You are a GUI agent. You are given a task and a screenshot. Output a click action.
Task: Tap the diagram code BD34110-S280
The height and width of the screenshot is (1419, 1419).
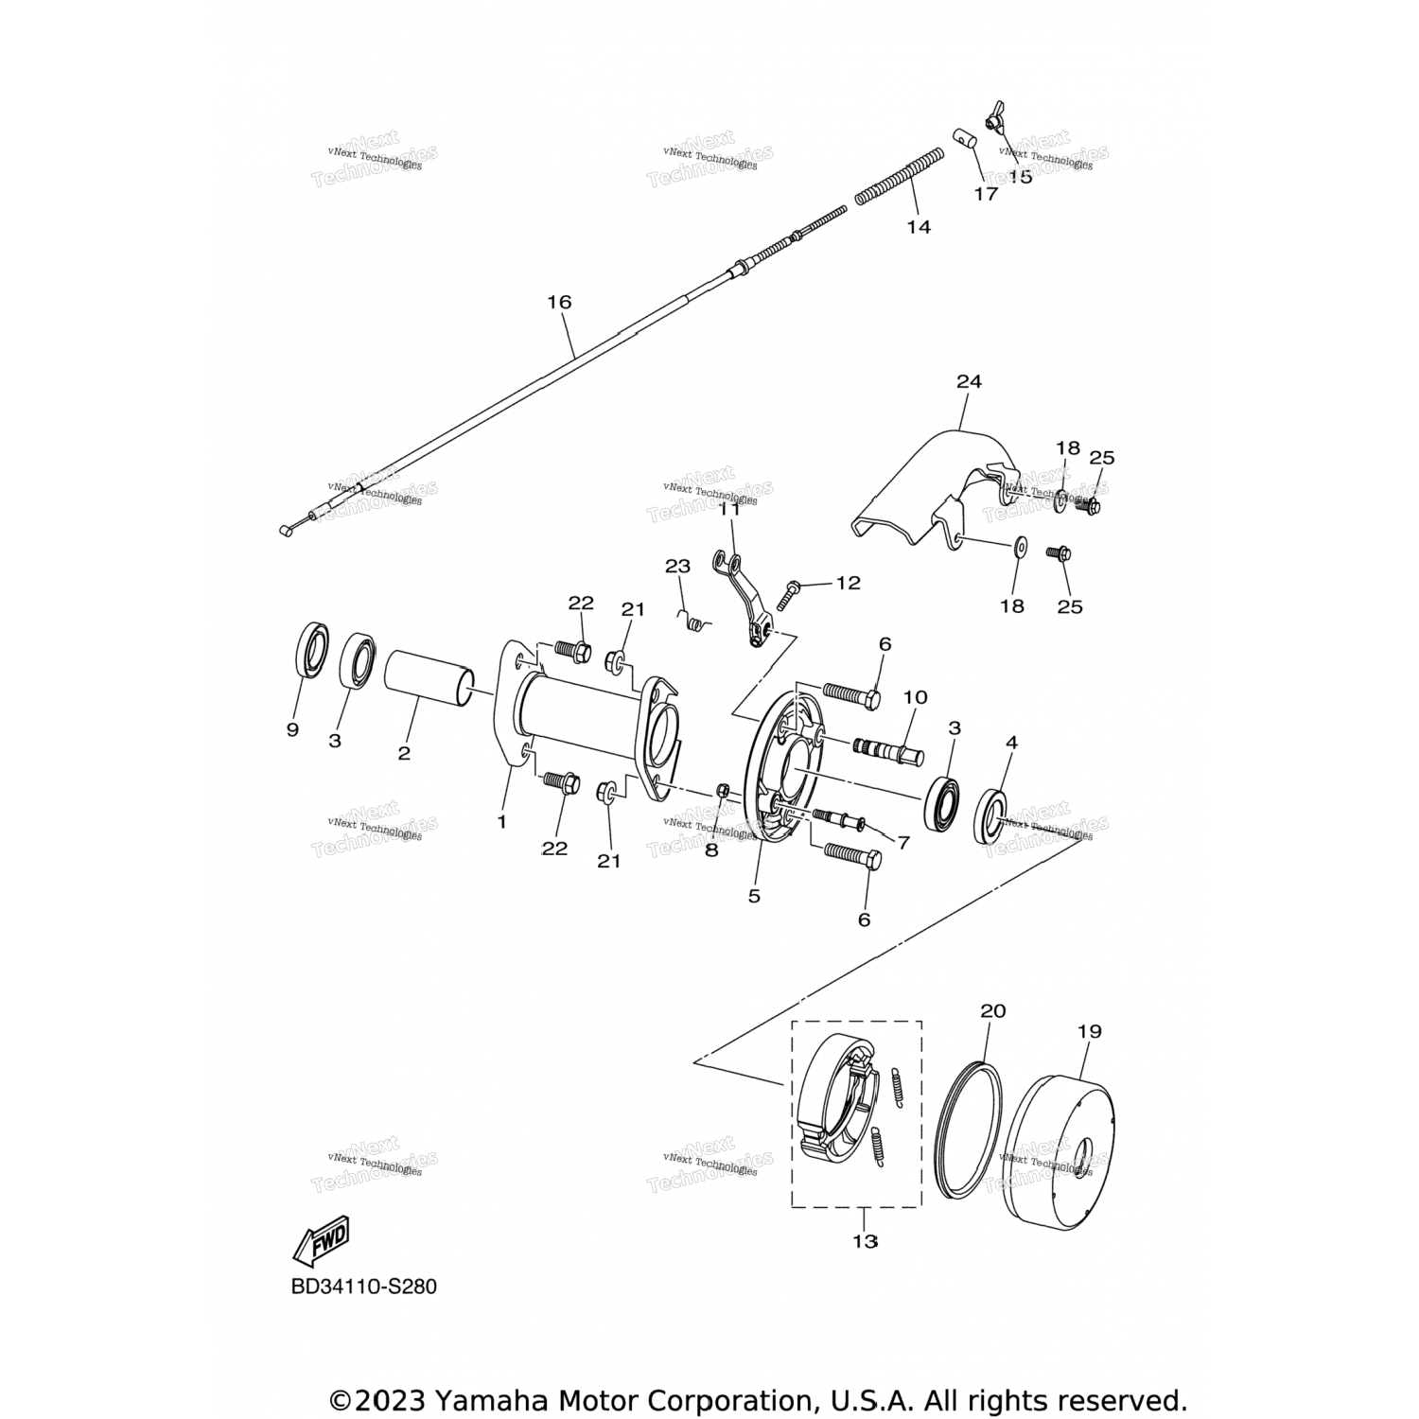[364, 1287]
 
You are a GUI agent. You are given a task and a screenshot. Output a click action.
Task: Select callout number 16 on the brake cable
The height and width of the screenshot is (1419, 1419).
[559, 302]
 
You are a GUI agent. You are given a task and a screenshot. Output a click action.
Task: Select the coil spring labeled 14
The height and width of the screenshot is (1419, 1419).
[900, 178]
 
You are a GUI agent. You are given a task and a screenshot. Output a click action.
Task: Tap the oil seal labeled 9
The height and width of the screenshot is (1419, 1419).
[308, 650]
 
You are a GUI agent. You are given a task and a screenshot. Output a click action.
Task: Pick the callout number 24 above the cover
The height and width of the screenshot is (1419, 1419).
[969, 381]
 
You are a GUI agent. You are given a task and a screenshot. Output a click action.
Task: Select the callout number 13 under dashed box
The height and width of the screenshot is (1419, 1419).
[865, 1241]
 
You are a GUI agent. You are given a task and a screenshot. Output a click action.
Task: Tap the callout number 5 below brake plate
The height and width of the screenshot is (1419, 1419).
[754, 895]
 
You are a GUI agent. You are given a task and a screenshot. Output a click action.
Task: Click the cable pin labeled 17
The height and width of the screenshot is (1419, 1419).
[964, 141]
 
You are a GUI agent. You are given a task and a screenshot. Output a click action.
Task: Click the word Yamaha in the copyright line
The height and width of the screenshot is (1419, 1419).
[492, 1400]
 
